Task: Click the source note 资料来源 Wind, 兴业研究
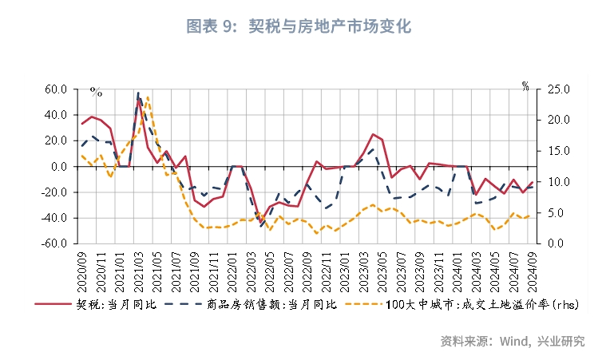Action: point(512,341)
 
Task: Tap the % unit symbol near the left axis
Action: point(96,93)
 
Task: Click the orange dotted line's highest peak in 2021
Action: point(149,97)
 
